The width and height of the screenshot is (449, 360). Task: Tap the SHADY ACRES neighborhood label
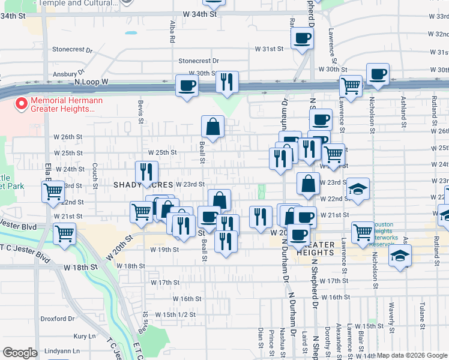(x=143, y=185)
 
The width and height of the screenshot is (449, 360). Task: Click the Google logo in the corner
(x=20, y=353)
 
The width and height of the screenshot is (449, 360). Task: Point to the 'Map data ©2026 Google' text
(x=412, y=355)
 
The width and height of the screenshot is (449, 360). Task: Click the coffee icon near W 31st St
(x=302, y=38)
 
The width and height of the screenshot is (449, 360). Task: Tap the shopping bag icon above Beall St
(x=213, y=126)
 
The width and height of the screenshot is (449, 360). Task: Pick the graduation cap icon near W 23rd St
(x=358, y=188)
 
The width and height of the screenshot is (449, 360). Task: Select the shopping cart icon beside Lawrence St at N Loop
(x=351, y=85)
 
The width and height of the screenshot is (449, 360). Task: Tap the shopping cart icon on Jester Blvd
(x=65, y=233)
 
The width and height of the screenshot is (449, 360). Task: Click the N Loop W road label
(x=91, y=81)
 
